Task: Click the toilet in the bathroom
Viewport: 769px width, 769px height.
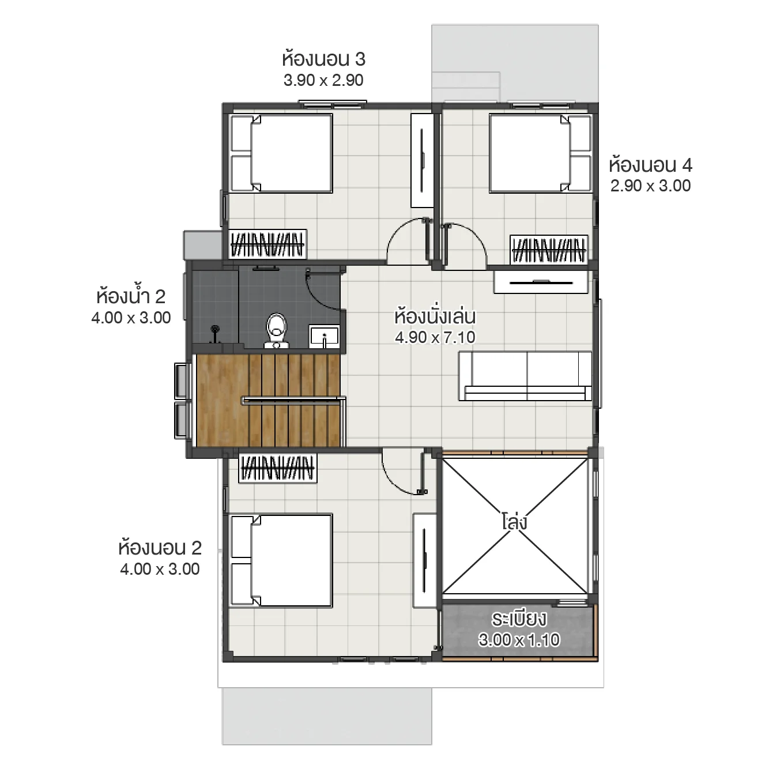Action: tap(277, 330)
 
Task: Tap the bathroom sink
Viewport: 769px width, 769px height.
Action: tap(324, 336)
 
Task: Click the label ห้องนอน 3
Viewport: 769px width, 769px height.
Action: tap(323, 59)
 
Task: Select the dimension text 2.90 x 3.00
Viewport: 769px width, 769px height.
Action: tap(650, 186)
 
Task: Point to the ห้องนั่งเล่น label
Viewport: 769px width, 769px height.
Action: tap(435, 316)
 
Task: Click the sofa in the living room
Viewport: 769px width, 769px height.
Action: tap(525, 376)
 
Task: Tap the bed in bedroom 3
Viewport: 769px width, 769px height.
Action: tap(281, 153)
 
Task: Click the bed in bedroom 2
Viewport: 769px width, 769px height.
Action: tap(281, 560)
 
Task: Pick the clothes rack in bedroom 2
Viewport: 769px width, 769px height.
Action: tap(277, 468)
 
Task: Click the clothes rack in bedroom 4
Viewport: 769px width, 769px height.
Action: tap(549, 250)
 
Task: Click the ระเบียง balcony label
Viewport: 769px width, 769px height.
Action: tap(519, 619)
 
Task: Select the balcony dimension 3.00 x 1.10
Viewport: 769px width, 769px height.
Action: tap(519, 640)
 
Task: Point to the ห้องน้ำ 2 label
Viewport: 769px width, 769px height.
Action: tap(131, 296)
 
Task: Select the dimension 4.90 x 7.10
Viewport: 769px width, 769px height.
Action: tap(435, 337)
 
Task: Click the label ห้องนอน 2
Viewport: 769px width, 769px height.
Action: tap(160, 548)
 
